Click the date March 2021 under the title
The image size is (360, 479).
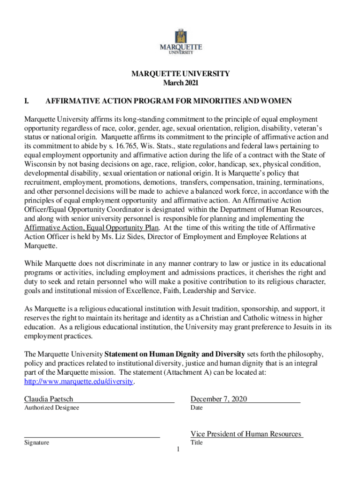click(x=180, y=83)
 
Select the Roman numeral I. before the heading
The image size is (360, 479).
click(x=28, y=101)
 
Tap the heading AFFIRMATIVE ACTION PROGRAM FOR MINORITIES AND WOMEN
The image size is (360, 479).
click(x=168, y=101)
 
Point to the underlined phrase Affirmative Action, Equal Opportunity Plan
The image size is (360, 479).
click(x=92, y=227)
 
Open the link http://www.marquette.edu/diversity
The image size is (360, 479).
click(x=79, y=382)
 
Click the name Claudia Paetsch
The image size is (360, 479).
click(x=49, y=399)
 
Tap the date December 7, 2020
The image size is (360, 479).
click(x=218, y=399)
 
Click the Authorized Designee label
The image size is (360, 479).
click(x=51, y=408)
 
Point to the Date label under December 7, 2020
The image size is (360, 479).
click(x=196, y=408)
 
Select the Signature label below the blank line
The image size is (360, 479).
click(x=36, y=443)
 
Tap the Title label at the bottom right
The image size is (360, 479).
click(x=196, y=443)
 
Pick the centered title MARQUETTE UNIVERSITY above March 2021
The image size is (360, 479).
click(x=180, y=74)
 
